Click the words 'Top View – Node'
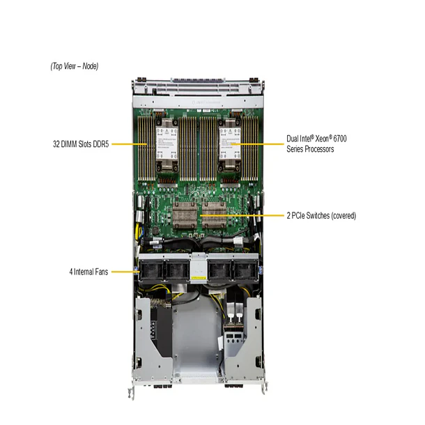point(75,66)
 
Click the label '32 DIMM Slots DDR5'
point(80,144)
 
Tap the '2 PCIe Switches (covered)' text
point(321,216)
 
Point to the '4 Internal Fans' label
point(88,271)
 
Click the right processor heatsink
point(227,144)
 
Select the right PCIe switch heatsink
point(219,215)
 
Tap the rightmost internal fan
point(245,269)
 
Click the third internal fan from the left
point(220,269)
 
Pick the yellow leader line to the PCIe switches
point(244,216)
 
